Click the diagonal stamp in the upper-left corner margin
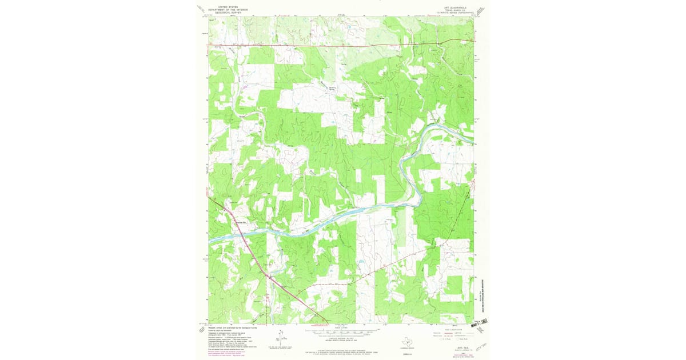(x=201, y=10)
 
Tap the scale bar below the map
(x=341, y=331)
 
